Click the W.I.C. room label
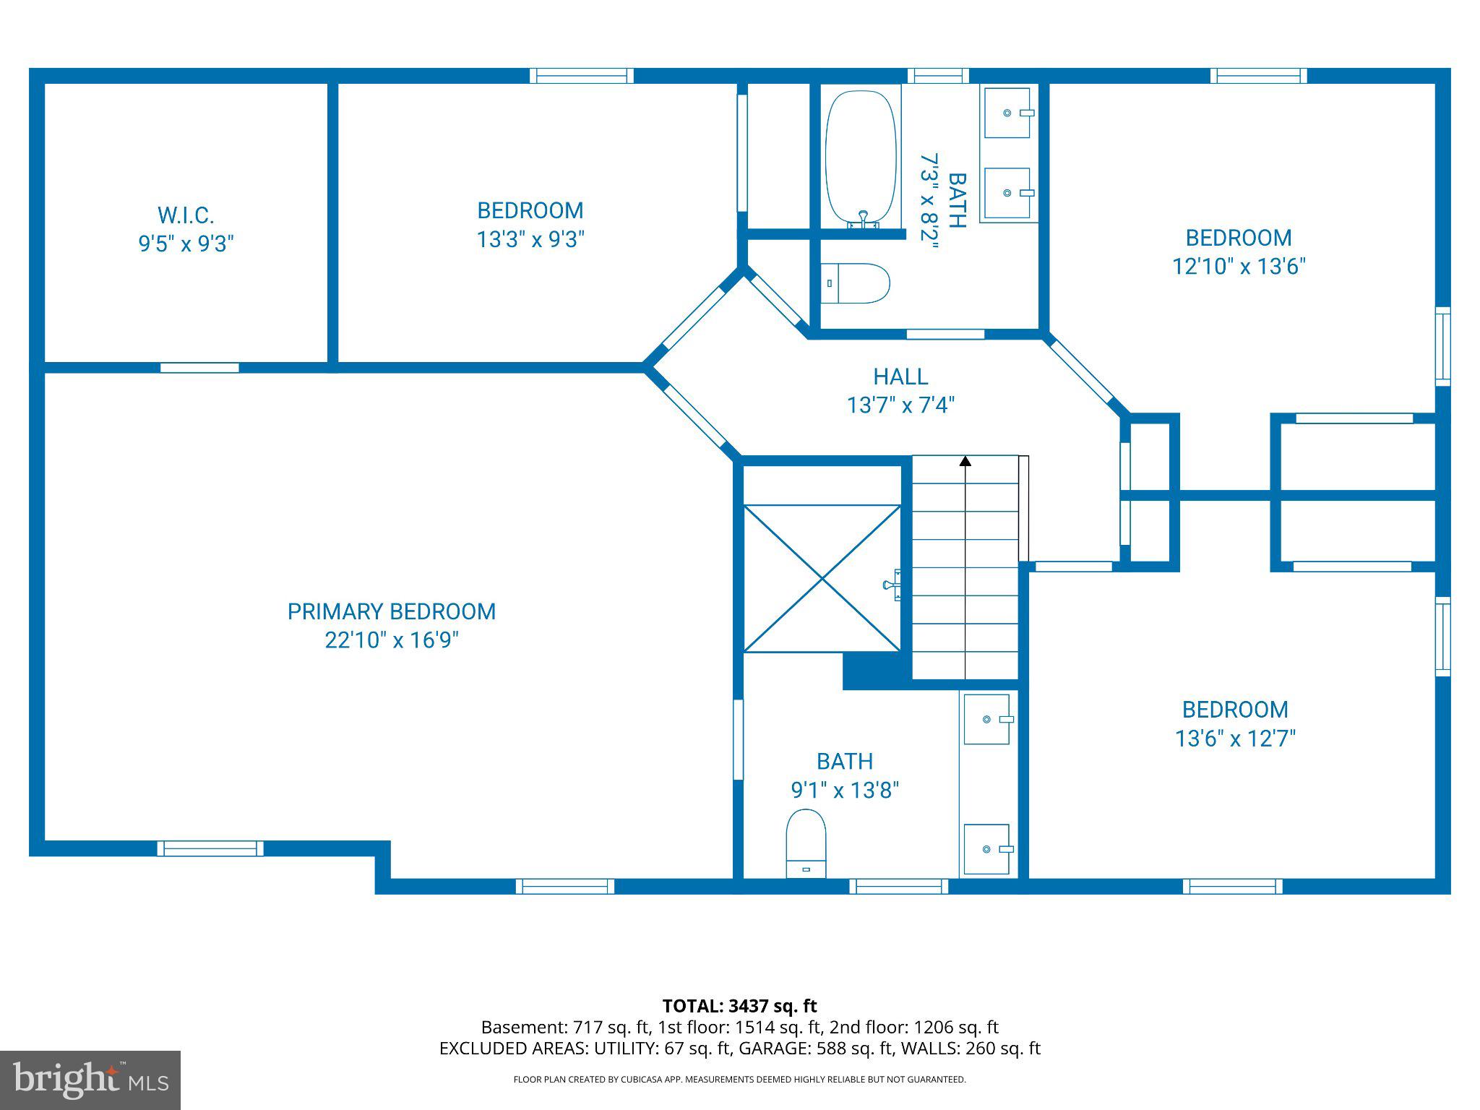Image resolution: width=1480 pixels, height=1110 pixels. click(186, 215)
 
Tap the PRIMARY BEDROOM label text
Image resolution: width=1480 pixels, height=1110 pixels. click(392, 612)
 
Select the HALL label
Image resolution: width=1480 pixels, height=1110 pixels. click(900, 377)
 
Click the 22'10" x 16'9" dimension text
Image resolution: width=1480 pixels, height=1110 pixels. click(392, 640)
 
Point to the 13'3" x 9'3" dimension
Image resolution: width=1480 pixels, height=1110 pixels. click(530, 239)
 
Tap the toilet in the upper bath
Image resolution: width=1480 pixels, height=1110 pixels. click(856, 283)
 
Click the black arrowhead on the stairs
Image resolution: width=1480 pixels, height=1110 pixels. click(965, 460)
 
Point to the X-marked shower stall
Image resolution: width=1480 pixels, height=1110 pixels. click(822, 578)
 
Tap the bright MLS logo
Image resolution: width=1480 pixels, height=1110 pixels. click(90, 1080)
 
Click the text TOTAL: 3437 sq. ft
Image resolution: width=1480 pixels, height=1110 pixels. click(739, 1006)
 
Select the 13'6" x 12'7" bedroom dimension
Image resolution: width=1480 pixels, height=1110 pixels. click(1236, 739)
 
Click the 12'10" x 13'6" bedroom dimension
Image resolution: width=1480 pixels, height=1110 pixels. click(1239, 267)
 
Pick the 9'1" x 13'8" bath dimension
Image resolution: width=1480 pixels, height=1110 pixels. click(845, 790)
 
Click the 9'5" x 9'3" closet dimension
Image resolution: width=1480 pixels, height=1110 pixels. click(186, 244)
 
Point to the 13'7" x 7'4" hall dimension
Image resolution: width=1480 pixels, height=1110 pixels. click(900, 405)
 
